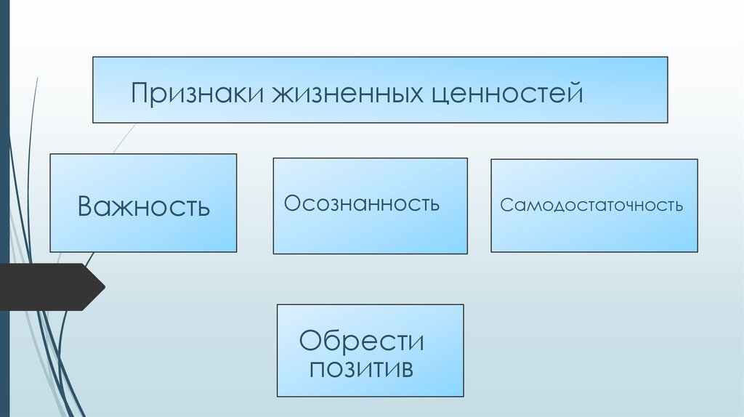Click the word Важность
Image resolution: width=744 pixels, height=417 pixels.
144,206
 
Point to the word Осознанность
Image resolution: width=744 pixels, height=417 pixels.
362,203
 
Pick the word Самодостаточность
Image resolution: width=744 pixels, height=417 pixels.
591,205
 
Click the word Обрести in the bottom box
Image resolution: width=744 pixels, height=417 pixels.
362,340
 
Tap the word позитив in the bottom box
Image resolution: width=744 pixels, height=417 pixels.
361,368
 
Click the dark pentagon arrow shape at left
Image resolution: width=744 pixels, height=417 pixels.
51,287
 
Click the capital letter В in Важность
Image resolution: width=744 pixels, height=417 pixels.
86,206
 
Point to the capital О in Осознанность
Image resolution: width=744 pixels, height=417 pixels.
292,203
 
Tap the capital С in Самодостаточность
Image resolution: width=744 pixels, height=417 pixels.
506,205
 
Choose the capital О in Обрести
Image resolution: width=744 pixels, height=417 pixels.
310,340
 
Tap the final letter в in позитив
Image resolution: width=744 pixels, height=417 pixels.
408,368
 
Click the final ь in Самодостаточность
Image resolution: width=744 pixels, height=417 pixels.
679,206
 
